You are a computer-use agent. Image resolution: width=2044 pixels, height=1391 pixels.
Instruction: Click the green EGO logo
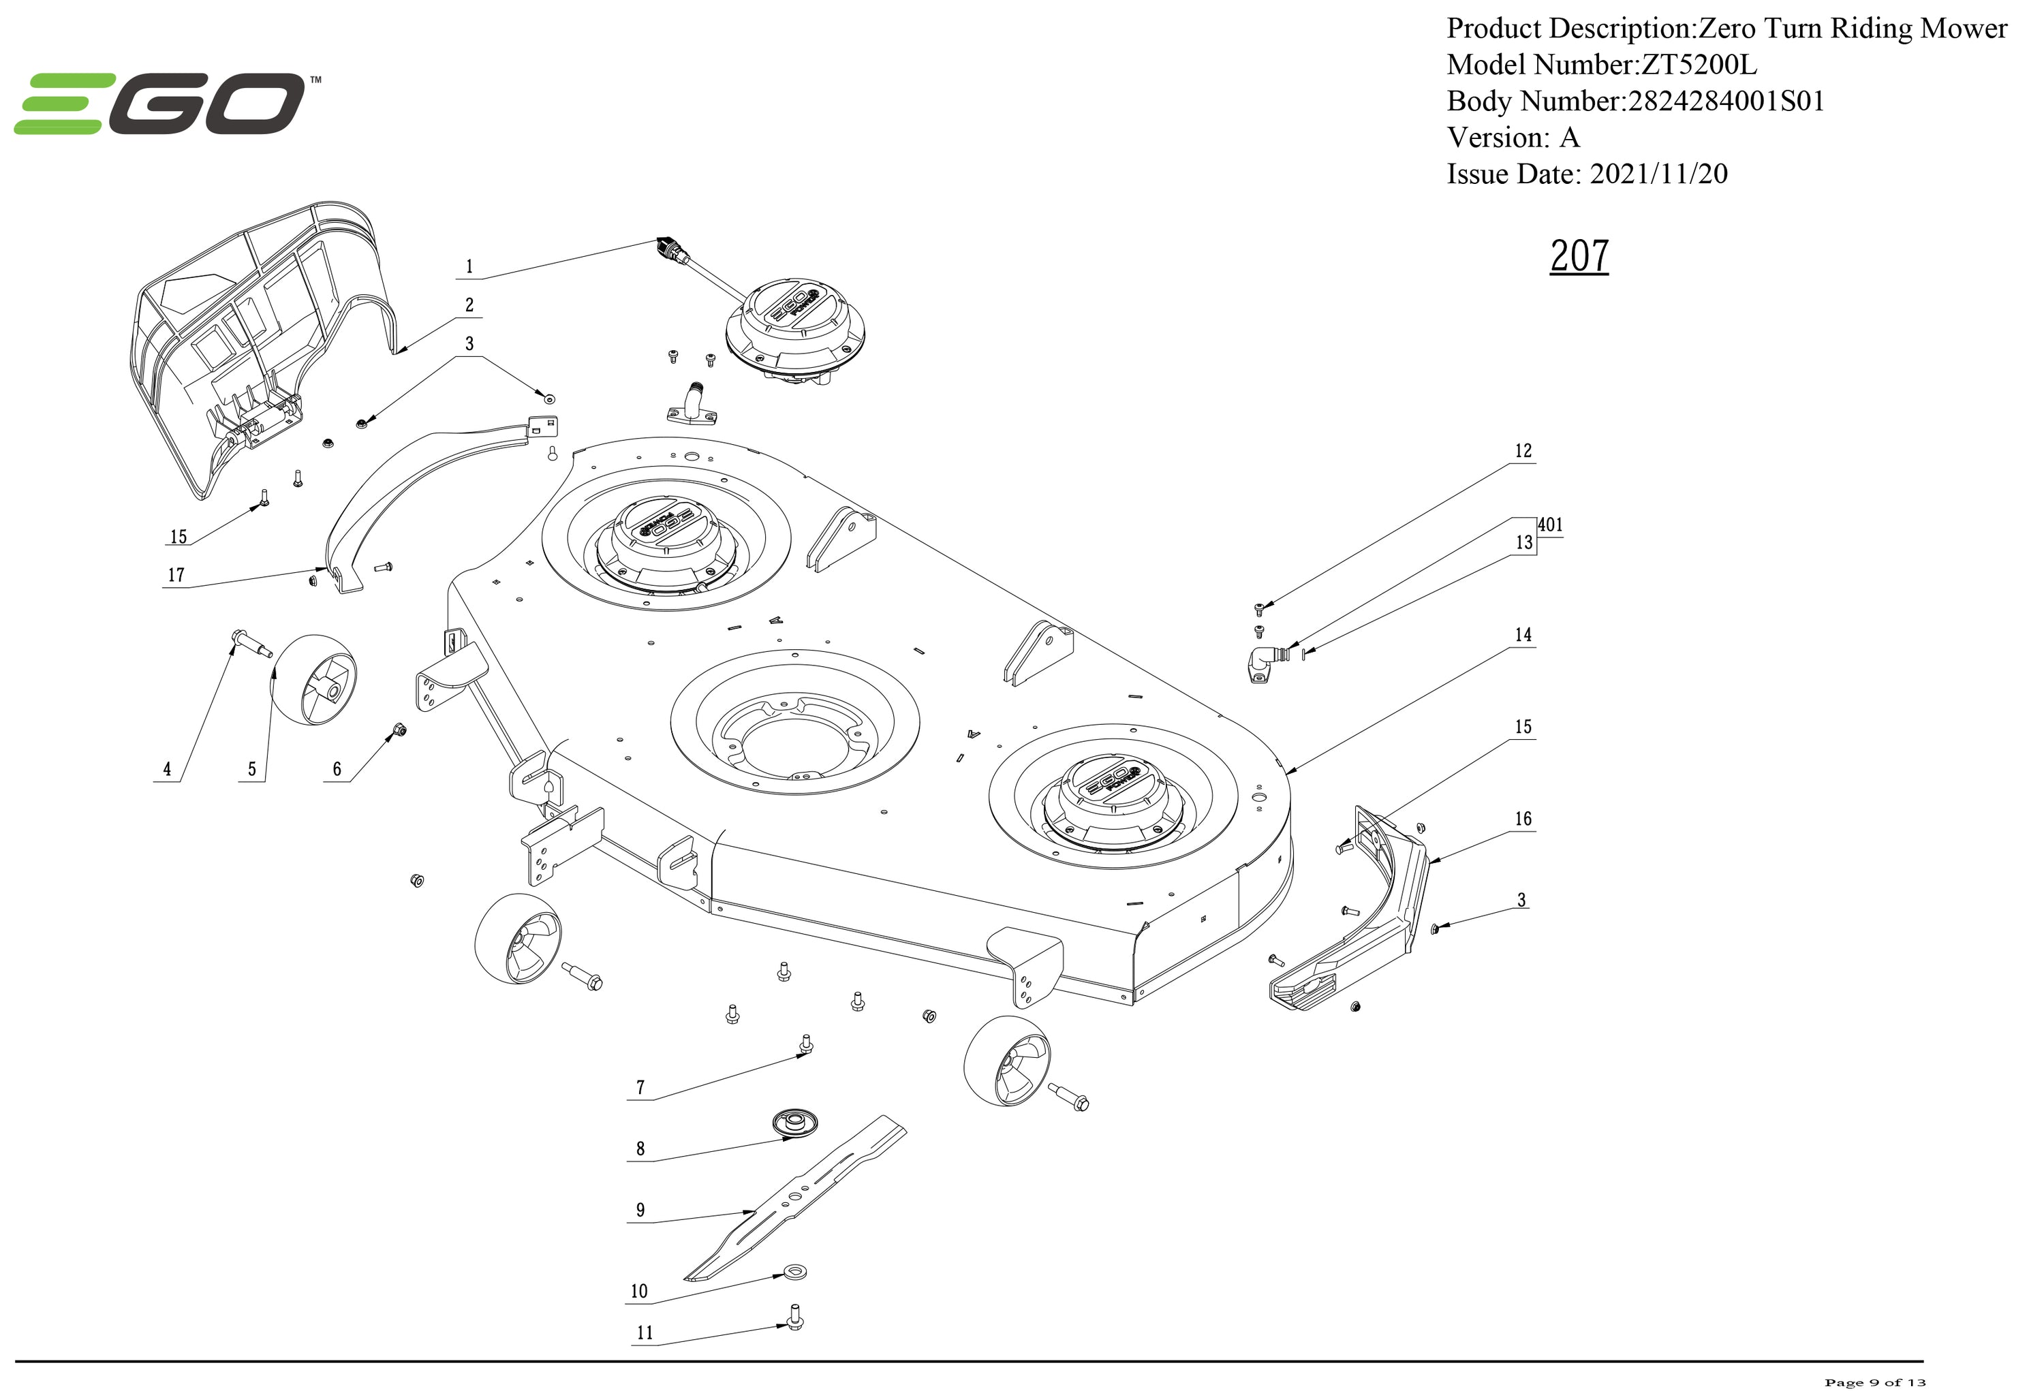167,104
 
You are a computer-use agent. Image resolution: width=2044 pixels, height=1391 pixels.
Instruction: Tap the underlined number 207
1579,256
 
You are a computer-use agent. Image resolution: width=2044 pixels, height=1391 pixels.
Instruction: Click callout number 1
469,266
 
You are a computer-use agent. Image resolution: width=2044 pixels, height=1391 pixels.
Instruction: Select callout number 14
1523,635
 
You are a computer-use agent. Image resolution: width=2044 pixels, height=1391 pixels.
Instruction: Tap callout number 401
1550,525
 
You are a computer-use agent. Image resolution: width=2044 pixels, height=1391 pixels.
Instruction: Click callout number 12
1523,451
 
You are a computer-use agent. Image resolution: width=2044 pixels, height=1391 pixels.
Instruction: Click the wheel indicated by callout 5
313,680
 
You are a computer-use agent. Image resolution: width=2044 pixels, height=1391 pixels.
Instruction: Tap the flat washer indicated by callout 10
795,1271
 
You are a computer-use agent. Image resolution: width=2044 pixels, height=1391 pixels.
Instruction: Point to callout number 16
1523,819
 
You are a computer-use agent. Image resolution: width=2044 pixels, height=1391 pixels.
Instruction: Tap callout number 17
176,575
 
